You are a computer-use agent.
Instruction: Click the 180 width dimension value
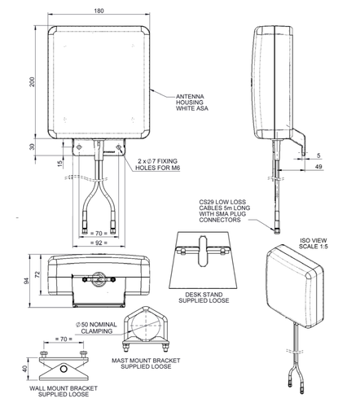coord(100,11)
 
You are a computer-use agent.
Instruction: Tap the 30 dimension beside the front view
coord(30,147)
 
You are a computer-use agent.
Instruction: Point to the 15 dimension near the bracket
coord(60,164)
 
